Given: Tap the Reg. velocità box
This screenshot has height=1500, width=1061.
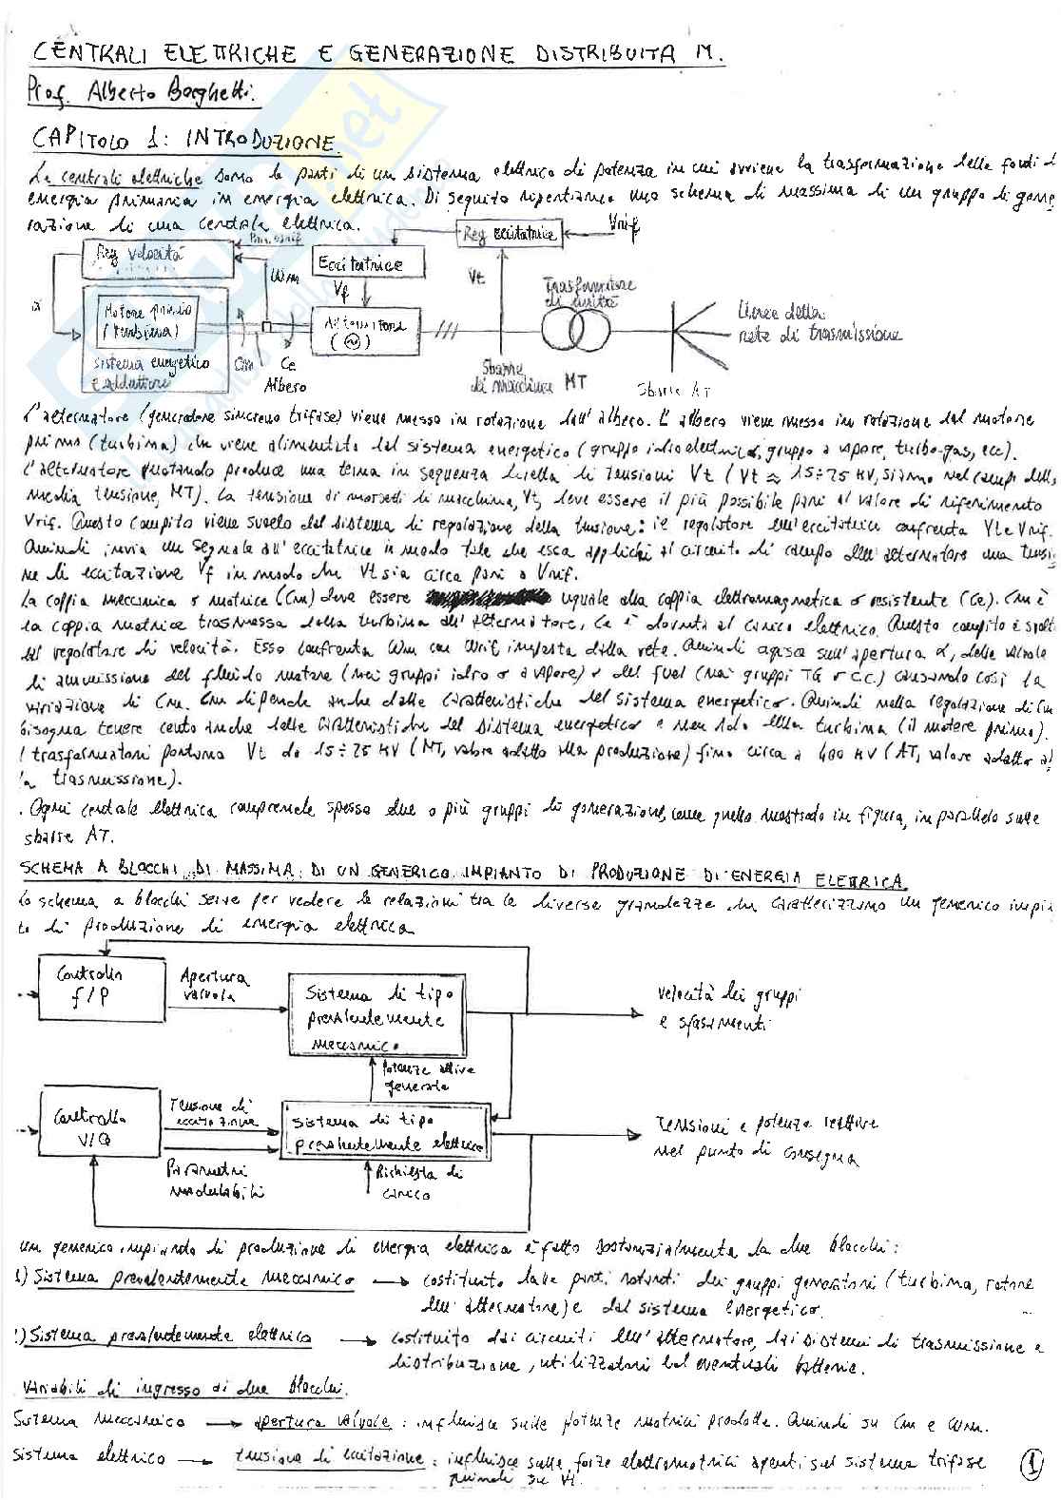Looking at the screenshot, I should click(157, 259).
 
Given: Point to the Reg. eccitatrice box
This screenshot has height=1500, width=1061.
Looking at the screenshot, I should click(510, 233).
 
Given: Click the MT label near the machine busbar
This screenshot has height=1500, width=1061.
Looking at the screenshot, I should click(574, 382).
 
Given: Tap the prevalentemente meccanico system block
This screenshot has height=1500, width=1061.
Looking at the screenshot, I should click(380, 1014).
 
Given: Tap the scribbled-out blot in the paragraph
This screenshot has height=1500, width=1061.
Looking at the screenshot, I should click(492, 598).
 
